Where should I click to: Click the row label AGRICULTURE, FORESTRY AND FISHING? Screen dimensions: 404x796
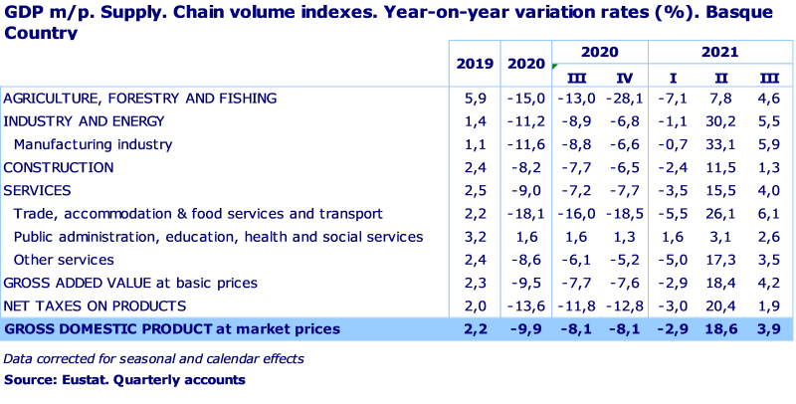139,99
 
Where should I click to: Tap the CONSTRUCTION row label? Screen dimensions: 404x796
59,168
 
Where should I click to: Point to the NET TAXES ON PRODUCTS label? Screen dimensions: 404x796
95,305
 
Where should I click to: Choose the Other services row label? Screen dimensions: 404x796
63,260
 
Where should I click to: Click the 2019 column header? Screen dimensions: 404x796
475,65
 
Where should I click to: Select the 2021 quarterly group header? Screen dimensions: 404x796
718,51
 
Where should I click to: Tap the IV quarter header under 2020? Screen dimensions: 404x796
624,78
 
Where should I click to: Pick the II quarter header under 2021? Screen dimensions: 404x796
718,78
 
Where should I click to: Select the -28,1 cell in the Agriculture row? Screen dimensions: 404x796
623,99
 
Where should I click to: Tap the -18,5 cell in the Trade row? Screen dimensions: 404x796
623,214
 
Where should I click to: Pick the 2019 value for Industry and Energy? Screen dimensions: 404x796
474,121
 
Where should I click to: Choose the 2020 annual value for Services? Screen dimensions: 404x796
527,191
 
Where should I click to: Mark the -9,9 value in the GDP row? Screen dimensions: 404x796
527,328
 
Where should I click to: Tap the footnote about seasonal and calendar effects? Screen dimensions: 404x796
153,358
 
